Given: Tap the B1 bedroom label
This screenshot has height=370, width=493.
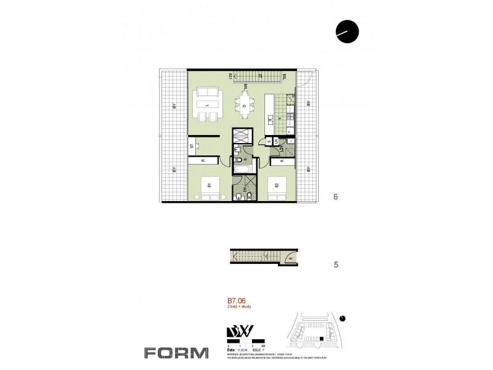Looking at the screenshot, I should (209, 184).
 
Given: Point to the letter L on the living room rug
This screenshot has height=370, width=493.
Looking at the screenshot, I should (208, 105).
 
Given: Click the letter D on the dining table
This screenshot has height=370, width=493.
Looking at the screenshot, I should (245, 106).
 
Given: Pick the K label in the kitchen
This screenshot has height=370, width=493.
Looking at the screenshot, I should (279, 117).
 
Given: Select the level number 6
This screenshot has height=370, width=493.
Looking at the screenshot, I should (335, 197).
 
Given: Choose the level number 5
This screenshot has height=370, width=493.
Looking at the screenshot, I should (335, 265).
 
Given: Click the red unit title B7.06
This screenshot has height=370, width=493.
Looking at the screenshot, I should (237, 303).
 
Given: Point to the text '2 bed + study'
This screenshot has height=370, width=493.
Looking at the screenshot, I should (240, 310).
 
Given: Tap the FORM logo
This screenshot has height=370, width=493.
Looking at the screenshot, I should (176, 353).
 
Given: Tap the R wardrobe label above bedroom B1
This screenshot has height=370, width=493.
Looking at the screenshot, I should (203, 161).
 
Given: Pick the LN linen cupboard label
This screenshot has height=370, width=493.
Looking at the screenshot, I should (276, 141).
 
